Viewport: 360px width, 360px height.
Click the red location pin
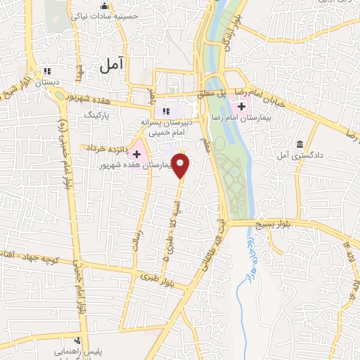(181, 166)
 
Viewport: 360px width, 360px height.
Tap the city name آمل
(111, 65)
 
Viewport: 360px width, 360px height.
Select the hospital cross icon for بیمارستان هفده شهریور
(136, 153)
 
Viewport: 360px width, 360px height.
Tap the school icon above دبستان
(47, 71)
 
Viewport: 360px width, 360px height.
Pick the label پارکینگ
(98, 112)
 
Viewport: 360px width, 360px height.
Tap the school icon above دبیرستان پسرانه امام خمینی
(167, 110)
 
